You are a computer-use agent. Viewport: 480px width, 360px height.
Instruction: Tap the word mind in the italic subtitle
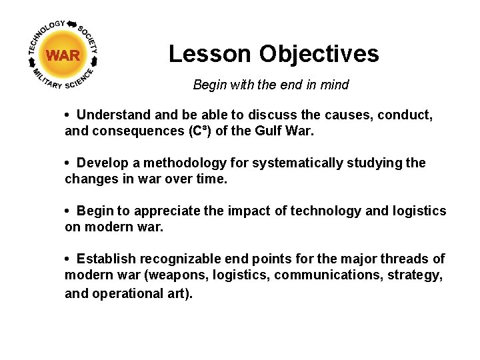click(335, 85)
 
